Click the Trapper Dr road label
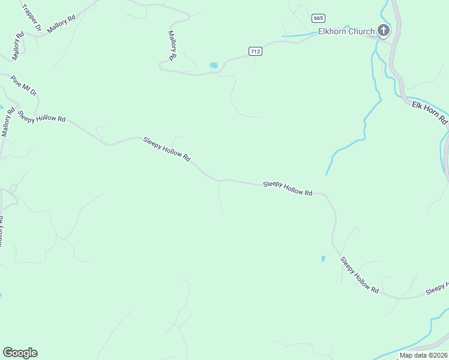coord(31,17)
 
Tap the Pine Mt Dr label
coord(24,86)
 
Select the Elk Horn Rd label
coord(430,113)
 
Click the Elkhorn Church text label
coord(346,31)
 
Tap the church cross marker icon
coord(384,31)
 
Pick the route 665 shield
coord(318,18)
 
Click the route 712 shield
coord(255,52)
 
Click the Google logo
coord(20,353)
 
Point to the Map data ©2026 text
coord(424,355)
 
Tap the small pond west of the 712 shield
coord(213,65)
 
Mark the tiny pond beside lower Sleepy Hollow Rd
coord(323,259)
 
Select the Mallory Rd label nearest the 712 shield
coord(172,46)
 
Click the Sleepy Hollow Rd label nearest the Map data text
coord(359,275)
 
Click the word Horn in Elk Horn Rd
coord(431,113)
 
